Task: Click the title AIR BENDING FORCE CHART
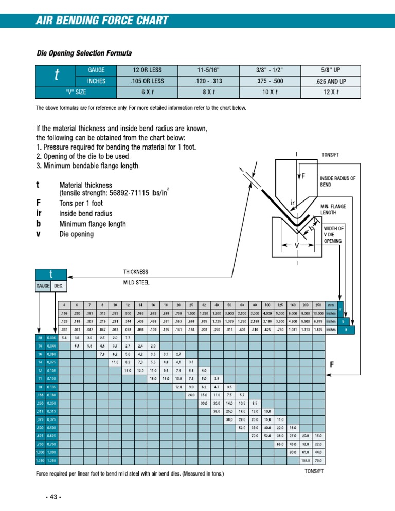[102, 21]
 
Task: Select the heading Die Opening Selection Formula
[84, 53]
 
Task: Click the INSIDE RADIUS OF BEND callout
[337, 181]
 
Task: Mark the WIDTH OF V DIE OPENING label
[334, 234]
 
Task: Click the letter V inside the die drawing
[297, 246]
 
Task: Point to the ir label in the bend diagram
[292, 202]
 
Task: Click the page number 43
[53, 498]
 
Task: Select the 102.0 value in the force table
[306, 461]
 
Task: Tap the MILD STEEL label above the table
[135, 283]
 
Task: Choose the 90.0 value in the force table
[292, 452]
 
